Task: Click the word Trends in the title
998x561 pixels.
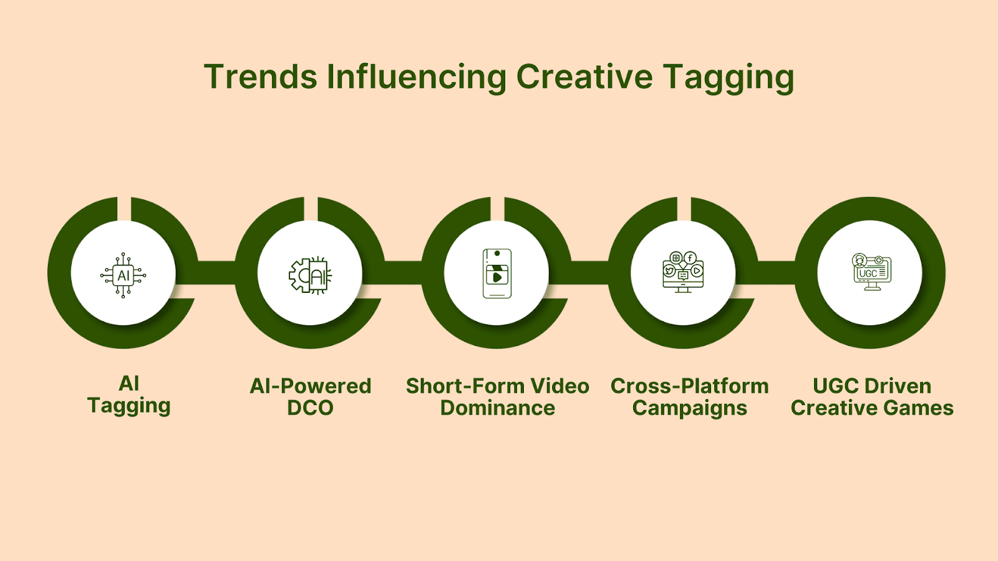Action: tap(261, 77)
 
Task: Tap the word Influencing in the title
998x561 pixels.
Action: tap(417, 79)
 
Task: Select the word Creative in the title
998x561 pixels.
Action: tap(584, 77)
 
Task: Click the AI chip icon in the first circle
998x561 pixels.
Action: tap(124, 275)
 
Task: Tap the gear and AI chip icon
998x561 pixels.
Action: tap(310, 275)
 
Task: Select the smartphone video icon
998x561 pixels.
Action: tap(497, 274)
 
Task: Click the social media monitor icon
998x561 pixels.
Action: tap(683, 272)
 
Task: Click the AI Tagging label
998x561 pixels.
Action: tap(128, 395)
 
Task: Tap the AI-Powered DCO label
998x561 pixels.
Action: tap(310, 396)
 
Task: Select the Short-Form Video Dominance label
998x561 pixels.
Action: tap(497, 396)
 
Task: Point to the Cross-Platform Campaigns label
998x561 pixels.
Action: tap(690, 397)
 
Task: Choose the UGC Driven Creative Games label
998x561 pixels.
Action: tap(872, 396)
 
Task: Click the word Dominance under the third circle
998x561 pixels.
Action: tap(497, 408)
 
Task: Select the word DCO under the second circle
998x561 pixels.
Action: tap(310, 408)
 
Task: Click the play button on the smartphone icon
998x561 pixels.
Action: tap(497, 278)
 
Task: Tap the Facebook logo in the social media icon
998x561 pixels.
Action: tap(690, 258)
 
